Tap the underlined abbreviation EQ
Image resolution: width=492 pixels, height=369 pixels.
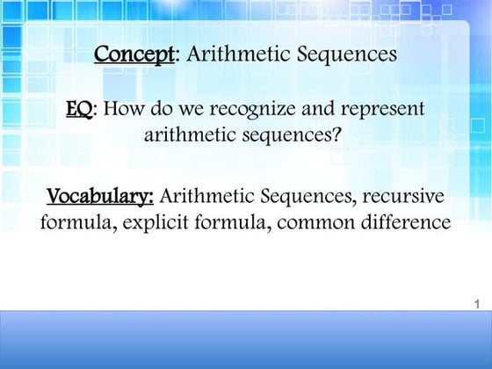pyautogui.click(x=79, y=111)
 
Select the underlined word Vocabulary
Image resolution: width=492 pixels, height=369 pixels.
pyautogui.click(x=100, y=195)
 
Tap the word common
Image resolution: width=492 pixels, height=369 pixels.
pyautogui.click(x=317, y=222)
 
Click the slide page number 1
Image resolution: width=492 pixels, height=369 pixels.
pyautogui.click(x=474, y=305)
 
